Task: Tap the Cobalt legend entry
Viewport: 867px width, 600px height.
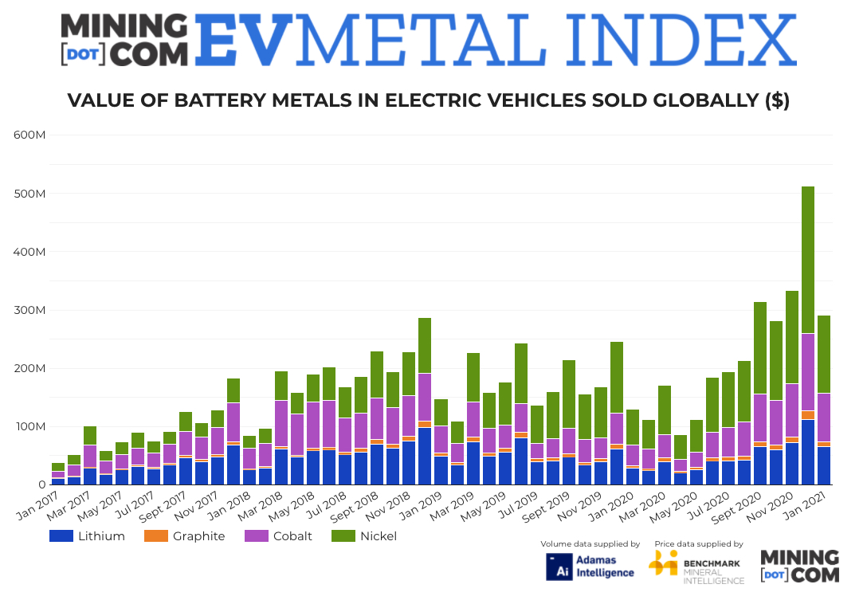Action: [x=283, y=536]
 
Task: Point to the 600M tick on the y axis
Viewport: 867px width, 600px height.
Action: [x=29, y=135]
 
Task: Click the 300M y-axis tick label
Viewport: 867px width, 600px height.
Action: [x=29, y=310]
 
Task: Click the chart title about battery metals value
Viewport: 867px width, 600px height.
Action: [x=428, y=100]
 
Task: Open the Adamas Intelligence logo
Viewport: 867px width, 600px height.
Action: [x=590, y=566]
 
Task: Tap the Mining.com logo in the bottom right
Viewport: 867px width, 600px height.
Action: [x=799, y=567]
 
